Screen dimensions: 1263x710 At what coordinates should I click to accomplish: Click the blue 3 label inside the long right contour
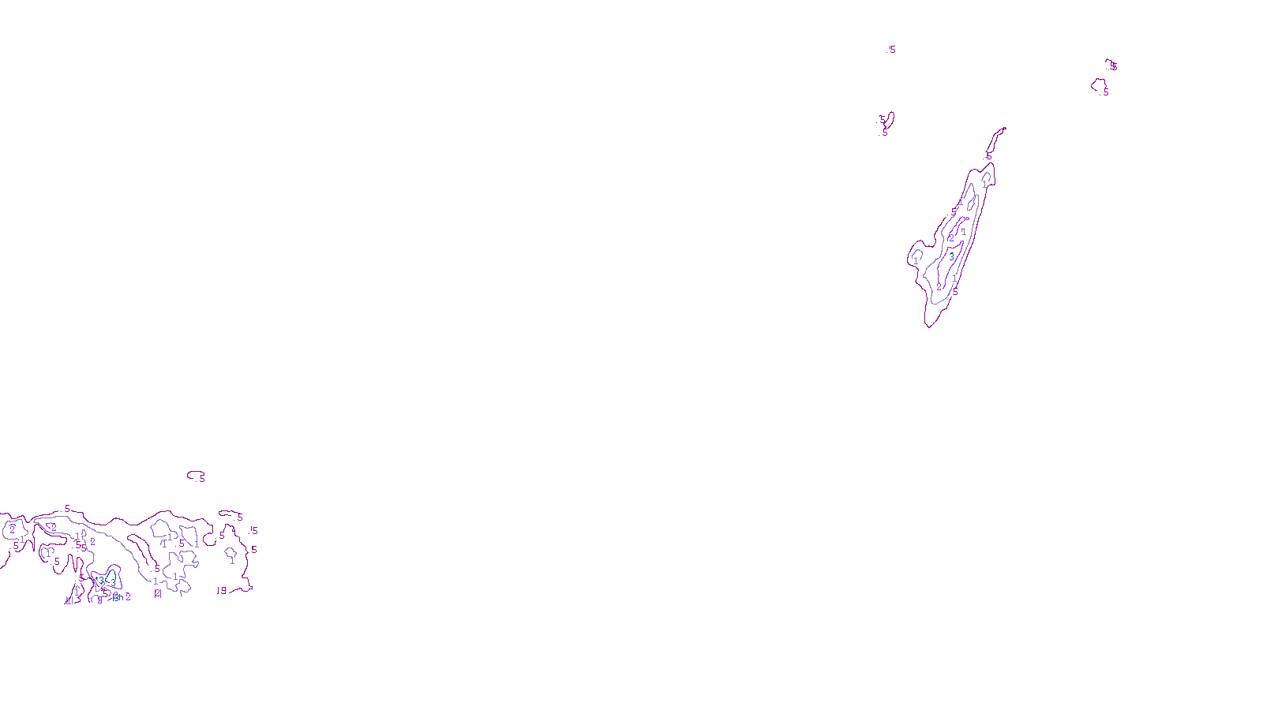pos(951,256)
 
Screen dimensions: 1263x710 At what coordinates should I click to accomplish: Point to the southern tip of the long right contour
pos(929,325)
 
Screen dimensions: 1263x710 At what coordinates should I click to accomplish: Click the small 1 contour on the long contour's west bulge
pos(916,256)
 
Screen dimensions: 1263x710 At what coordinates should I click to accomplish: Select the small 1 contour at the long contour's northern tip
pos(985,180)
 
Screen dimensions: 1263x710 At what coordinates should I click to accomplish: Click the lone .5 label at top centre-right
pos(892,50)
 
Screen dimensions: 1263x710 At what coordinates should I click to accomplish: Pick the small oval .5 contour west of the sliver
pos(889,120)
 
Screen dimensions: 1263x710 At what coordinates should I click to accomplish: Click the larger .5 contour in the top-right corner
pos(1099,85)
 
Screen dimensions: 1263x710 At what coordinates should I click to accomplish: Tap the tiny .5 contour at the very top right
pos(1111,64)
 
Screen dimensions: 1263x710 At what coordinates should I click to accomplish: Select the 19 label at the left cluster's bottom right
pos(221,590)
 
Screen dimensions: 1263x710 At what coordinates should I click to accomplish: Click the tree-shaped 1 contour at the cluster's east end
pos(231,555)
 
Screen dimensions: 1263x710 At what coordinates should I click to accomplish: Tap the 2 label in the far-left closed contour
pos(12,530)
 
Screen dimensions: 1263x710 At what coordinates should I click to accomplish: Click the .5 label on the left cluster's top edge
pos(67,509)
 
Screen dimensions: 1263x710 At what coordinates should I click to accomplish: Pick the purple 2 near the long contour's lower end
pos(939,286)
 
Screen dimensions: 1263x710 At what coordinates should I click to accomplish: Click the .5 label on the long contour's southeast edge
pos(954,291)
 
